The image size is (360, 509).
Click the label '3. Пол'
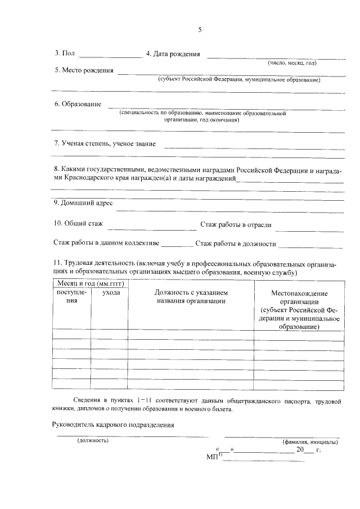(x=64, y=54)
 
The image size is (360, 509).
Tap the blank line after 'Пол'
(x=110, y=57)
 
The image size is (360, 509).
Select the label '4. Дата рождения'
(x=173, y=54)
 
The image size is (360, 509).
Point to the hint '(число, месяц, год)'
(x=292, y=63)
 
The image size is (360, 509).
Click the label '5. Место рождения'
(x=83, y=71)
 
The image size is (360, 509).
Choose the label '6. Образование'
(x=78, y=104)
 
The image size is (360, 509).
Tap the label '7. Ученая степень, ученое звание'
(x=105, y=143)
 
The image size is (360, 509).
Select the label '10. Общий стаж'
(x=78, y=224)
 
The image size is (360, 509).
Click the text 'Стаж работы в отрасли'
(x=236, y=225)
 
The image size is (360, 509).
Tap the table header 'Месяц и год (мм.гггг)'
(x=88, y=284)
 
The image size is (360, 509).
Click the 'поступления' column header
(x=71, y=296)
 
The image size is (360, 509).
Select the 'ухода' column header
(x=111, y=293)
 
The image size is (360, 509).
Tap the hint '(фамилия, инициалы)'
(x=310, y=442)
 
